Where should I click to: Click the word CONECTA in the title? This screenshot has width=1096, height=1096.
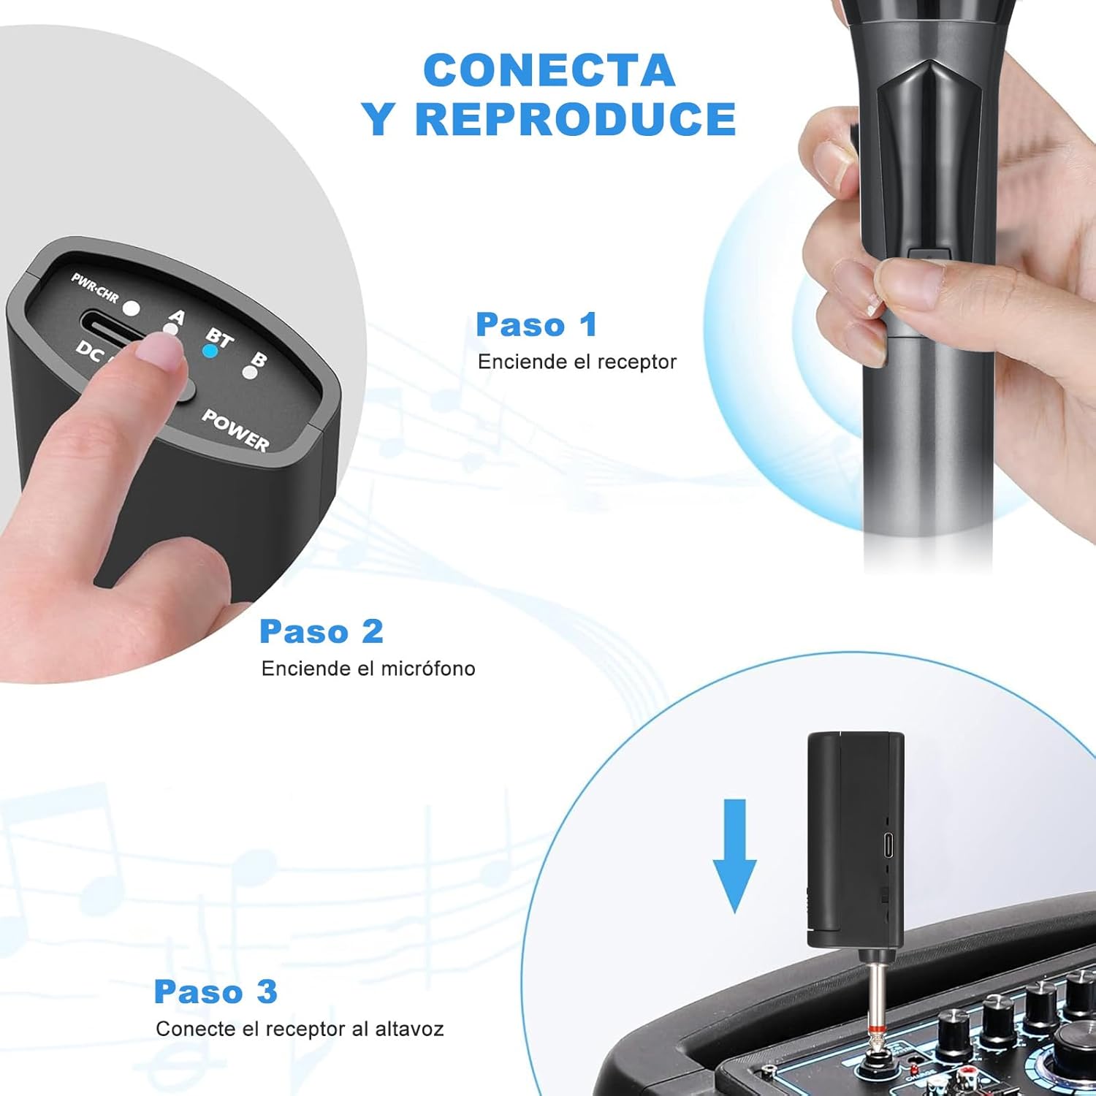(x=549, y=71)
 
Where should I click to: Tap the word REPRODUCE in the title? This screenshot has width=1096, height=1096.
(x=576, y=119)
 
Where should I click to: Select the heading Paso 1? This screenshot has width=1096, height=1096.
(x=537, y=325)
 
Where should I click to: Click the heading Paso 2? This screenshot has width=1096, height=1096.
(x=321, y=632)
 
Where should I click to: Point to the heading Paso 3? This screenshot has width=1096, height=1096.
(x=216, y=992)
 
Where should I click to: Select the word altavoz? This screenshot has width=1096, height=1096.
(x=409, y=1029)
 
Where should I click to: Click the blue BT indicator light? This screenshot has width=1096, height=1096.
(x=210, y=351)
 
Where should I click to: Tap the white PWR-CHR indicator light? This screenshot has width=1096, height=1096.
(x=132, y=308)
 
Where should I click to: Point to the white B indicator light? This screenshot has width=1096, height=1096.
(x=250, y=373)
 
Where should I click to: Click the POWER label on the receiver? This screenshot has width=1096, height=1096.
(x=235, y=430)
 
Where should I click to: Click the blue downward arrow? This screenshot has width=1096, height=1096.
(x=734, y=856)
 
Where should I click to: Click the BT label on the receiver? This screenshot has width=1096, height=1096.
(x=219, y=338)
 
